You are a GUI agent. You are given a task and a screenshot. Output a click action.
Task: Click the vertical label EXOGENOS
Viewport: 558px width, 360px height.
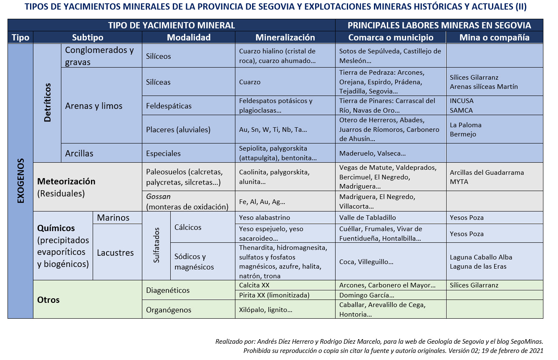[21, 181]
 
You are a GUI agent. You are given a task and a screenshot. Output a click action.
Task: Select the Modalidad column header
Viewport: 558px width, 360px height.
[189, 38]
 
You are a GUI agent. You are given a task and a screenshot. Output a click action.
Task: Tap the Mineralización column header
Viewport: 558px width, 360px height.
[285, 38]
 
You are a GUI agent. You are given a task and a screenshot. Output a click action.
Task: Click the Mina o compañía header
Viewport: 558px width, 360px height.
[495, 38]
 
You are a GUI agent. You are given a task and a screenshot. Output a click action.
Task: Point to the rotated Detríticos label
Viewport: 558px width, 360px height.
[47, 103]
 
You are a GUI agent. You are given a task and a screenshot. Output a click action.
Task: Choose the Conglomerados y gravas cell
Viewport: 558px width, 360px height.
[101, 56]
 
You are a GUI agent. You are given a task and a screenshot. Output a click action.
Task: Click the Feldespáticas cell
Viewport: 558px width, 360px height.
[189, 106]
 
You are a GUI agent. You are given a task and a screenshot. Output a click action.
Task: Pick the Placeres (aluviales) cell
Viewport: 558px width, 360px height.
[189, 129]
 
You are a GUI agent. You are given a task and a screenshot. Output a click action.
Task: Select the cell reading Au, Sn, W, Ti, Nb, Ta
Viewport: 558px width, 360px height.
[285, 129]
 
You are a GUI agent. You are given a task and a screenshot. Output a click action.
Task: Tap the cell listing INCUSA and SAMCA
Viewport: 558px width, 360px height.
[495, 106]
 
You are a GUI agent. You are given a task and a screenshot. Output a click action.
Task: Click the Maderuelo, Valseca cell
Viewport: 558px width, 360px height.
[391, 153]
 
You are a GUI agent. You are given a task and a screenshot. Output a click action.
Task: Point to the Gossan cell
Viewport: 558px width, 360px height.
[189, 201]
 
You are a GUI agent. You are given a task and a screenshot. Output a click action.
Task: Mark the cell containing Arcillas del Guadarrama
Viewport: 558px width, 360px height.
[495, 177]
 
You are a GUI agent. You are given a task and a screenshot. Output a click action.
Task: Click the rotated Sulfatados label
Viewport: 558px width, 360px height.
[157, 245]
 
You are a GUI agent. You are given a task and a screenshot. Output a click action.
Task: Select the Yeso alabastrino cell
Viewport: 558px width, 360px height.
[285, 217]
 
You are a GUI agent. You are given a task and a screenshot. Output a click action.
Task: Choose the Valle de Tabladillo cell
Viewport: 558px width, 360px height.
[391, 217]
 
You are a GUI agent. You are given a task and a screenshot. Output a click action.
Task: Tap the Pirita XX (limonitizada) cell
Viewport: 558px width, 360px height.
[285, 295]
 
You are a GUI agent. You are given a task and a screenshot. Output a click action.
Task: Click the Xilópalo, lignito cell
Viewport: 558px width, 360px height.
[285, 310]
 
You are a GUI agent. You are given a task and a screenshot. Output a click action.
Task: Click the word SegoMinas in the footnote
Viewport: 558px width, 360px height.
[527, 341]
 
